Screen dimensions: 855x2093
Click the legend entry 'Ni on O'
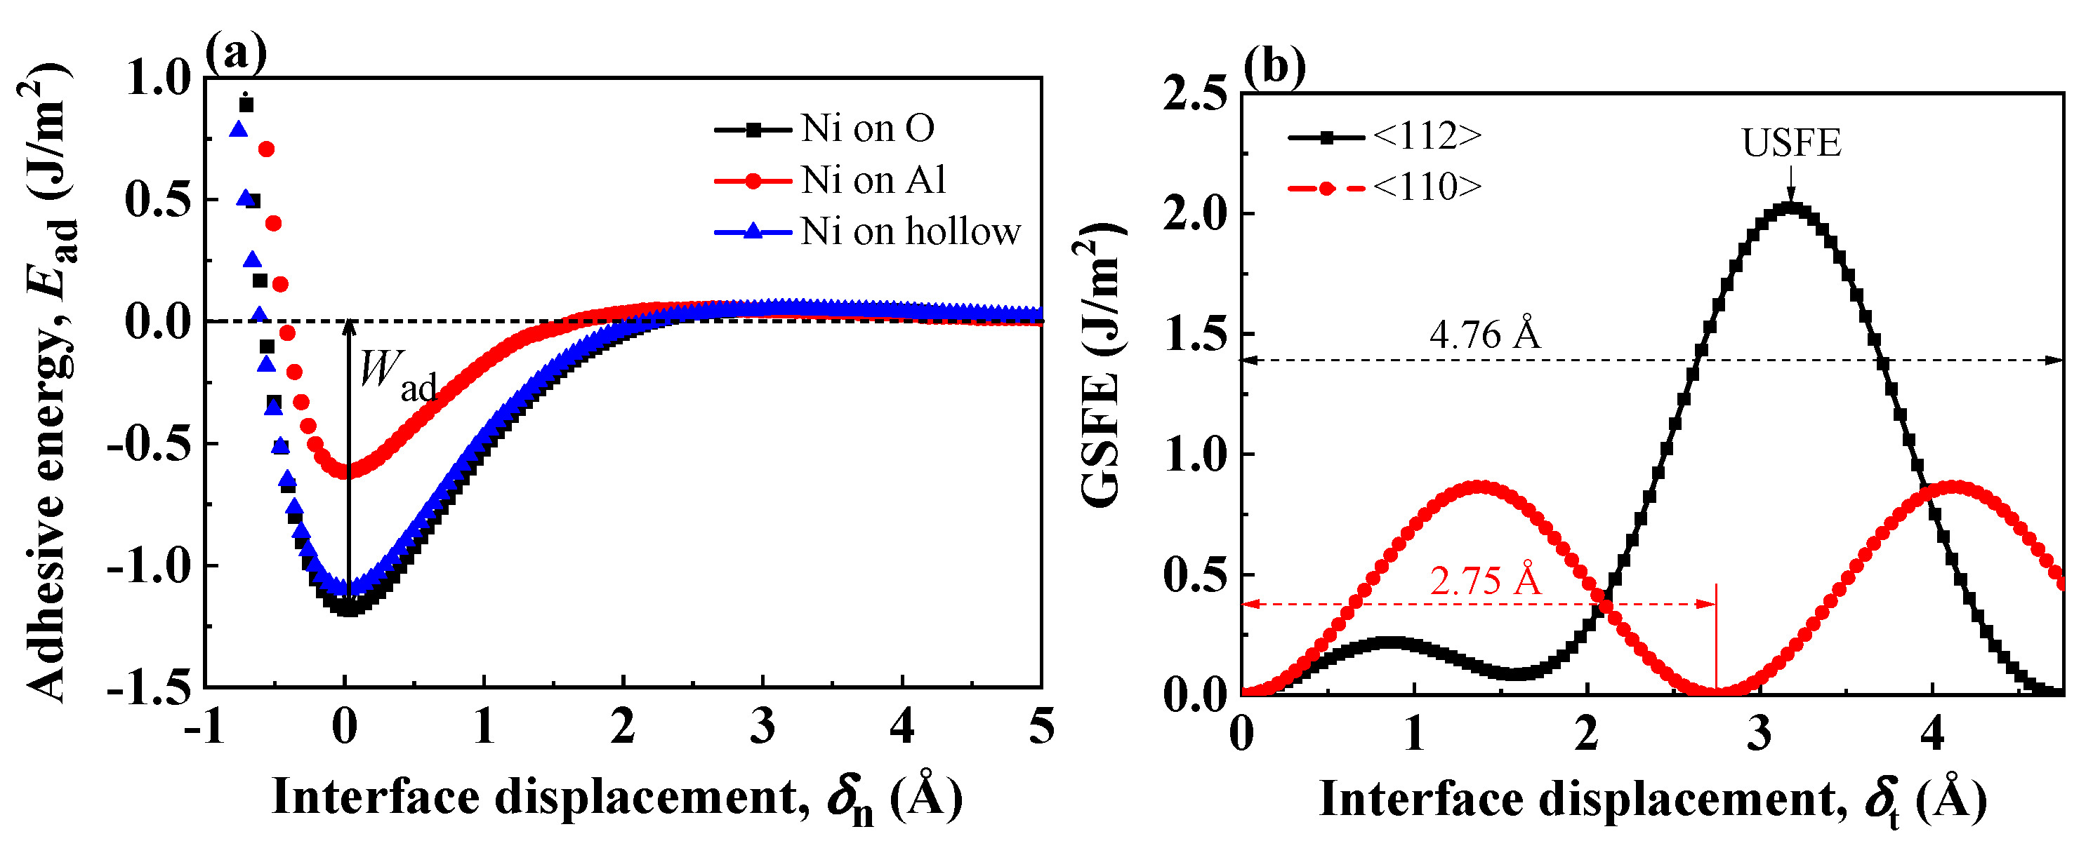pos(867,128)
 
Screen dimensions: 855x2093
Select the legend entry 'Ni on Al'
pos(873,180)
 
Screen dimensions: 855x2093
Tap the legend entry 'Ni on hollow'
pos(909,232)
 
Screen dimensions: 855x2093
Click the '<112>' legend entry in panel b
pos(1426,136)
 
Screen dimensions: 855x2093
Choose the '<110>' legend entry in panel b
pos(1426,187)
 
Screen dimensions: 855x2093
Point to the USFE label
pos(1791,144)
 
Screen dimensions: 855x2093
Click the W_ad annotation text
pos(397,375)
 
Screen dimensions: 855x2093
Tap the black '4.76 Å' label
pos(1484,335)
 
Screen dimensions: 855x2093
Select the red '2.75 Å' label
pos(1484,581)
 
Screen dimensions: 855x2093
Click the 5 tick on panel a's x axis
pos(1041,727)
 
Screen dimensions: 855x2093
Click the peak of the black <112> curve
pos(1791,208)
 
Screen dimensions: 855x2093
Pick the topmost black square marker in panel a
pos(246,105)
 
